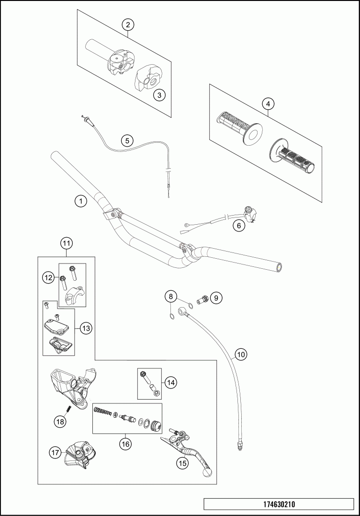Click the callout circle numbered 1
point(81,201)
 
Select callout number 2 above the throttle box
point(127,24)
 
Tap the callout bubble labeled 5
point(127,140)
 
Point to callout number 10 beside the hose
point(240,355)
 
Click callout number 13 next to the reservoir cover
point(86,328)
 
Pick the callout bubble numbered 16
point(125,444)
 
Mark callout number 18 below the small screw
point(60,421)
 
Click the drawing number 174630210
point(279,505)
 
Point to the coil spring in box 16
point(101,410)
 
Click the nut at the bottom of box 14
point(157,393)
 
